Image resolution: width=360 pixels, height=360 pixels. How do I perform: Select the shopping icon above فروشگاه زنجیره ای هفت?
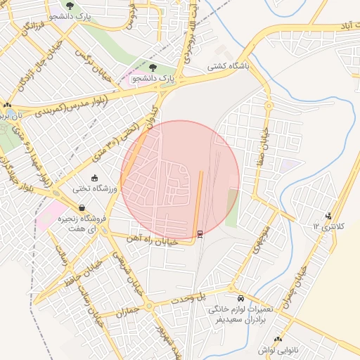coord(83,208)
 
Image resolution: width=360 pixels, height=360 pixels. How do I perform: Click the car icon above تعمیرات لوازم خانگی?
coord(241,298)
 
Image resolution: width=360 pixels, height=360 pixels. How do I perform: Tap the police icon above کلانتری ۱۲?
coord(328,216)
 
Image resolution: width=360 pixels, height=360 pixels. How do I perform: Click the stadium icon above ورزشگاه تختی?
coord(96,179)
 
